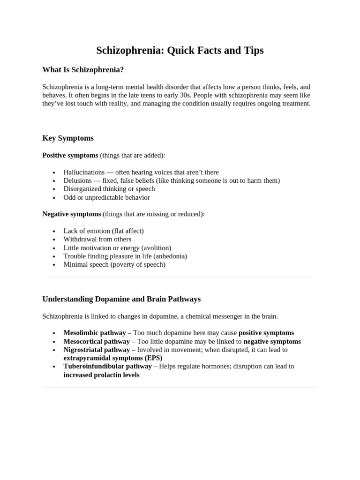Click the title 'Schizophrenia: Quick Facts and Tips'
[x=180, y=50]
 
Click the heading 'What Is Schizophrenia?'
[x=83, y=70]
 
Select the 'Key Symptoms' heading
[x=68, y=138]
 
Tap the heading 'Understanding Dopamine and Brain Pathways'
[x=121, y=299]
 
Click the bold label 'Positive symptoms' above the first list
[x=70, y=155]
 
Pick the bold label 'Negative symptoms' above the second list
[x=72, y=214]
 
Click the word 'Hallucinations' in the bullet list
[x=84, y=172]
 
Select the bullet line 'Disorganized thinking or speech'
[x=109, y=189]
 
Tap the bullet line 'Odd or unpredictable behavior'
[x=106, y=197]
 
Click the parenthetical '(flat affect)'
[x=127, y=231]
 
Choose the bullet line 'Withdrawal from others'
[x=97, y=239]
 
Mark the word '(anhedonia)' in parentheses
[x=170, y=256]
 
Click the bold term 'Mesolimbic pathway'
[x=95, y=333]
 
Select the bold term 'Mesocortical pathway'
[x=97, y=341]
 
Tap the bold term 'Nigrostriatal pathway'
[x=97, y=350]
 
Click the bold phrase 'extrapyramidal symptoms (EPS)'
[x=112, y=358]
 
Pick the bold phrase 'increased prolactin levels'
[x=101, y=375]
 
